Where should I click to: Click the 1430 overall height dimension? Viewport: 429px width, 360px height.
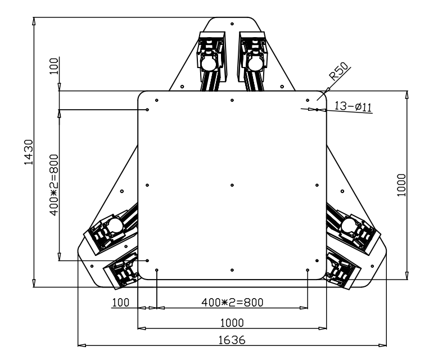29,152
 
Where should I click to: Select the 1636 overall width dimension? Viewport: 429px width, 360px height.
232,340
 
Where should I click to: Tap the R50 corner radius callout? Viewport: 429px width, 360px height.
338,71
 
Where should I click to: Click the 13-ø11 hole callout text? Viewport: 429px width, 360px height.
353,106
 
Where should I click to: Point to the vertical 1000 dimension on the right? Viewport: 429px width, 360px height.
401,185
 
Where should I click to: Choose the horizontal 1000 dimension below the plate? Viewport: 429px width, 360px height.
232,323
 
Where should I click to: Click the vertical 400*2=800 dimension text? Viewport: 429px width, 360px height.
54,185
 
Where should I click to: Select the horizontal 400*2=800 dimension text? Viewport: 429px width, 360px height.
232,303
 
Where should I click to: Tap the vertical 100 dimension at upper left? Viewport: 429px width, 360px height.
54,66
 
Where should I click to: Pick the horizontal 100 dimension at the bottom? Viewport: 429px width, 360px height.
121,303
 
